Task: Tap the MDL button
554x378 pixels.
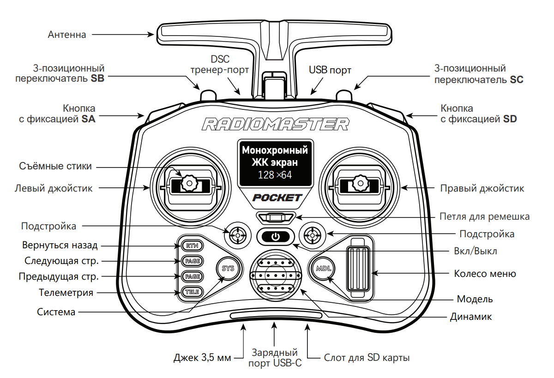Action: (x=322, y=268)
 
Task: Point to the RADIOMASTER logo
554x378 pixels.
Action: (x=275, y=124)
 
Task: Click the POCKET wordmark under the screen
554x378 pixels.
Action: (x=277, y=198)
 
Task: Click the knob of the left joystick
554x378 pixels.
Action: (x=188, y=183)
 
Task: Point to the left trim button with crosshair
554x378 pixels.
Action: (x=238, y=236)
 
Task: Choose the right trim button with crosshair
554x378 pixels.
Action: (x=313, y=236)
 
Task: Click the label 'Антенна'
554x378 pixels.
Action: (x=67, y=35)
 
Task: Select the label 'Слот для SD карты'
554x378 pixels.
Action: (x=367, y=358)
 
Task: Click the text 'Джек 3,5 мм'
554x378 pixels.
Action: (x=202, y=358)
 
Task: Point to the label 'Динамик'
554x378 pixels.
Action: (x=471, y=317)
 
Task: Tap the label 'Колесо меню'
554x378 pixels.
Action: (x=485, y=274)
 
